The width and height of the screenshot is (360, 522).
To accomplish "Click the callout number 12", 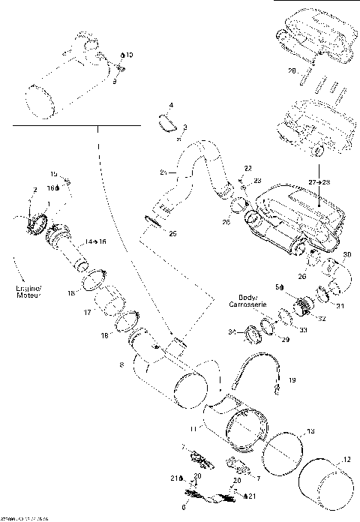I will click(346, 460).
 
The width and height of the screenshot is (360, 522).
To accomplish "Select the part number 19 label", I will click(292, 381).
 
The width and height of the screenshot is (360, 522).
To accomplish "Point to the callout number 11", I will click(193, 427).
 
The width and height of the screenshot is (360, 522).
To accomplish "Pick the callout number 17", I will click(87, 312).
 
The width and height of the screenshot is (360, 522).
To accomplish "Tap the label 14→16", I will click(95, 243).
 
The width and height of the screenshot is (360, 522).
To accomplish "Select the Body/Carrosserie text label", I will click(253, 301).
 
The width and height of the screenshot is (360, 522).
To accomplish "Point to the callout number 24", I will click(163, 173).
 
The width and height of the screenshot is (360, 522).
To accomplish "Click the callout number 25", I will click(172, 234).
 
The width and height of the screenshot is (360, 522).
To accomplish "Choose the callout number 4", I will click(171, 105).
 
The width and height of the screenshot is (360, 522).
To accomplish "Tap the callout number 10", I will click(128, 55).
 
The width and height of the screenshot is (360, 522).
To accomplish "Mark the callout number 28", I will click(292, 72).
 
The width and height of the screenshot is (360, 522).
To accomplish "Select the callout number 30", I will click(346, 256).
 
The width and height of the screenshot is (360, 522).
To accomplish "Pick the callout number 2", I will click(34, 191).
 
